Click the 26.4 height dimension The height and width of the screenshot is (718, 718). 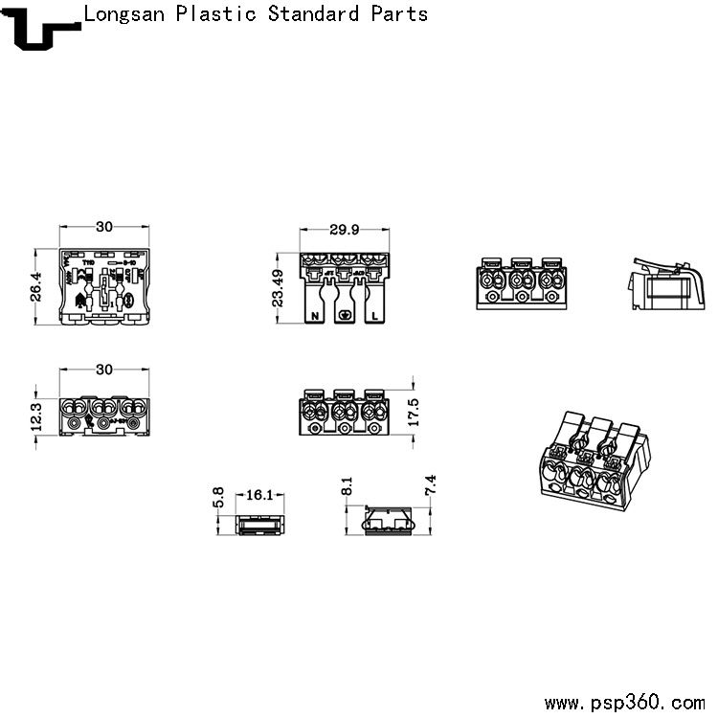pos(36,286)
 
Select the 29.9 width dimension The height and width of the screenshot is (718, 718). pos(344,230)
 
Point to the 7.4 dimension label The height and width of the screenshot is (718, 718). pos(431,485)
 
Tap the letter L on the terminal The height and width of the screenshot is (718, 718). pos(373,315)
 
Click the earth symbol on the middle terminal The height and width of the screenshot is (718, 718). pos(346,317)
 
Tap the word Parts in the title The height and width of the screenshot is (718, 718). pos(398,14)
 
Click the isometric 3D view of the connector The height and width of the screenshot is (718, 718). pos(592,458)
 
